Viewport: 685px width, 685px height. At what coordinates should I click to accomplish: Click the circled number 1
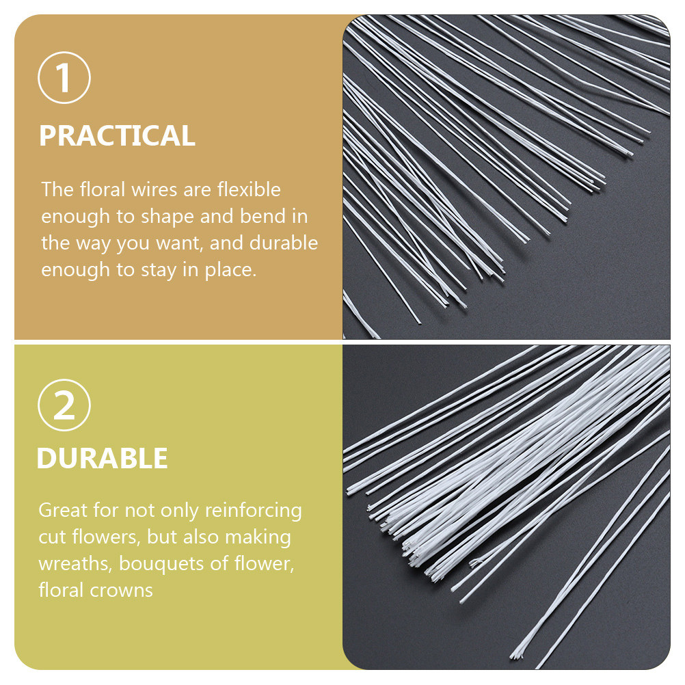pyautogui.click(x=64, y=78)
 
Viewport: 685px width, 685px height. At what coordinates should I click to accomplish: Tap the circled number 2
pyautogui.click(x=64, y=405)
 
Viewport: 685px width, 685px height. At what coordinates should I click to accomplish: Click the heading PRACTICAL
pyautogui.click(x=117, y=135)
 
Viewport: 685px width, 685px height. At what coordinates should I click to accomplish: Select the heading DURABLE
pyautogui.click(x=103, y=458)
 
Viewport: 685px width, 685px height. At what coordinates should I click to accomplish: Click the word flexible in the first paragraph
pyautogui.click(x=249, y=189)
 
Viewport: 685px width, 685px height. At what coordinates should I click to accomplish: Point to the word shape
pyautogui.click(x=166, y=217)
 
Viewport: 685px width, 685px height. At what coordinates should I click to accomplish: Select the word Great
pyautogui.click(x=63, y=510)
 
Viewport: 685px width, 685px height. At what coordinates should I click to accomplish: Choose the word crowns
pyautogui.click(x=122, y=591)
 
